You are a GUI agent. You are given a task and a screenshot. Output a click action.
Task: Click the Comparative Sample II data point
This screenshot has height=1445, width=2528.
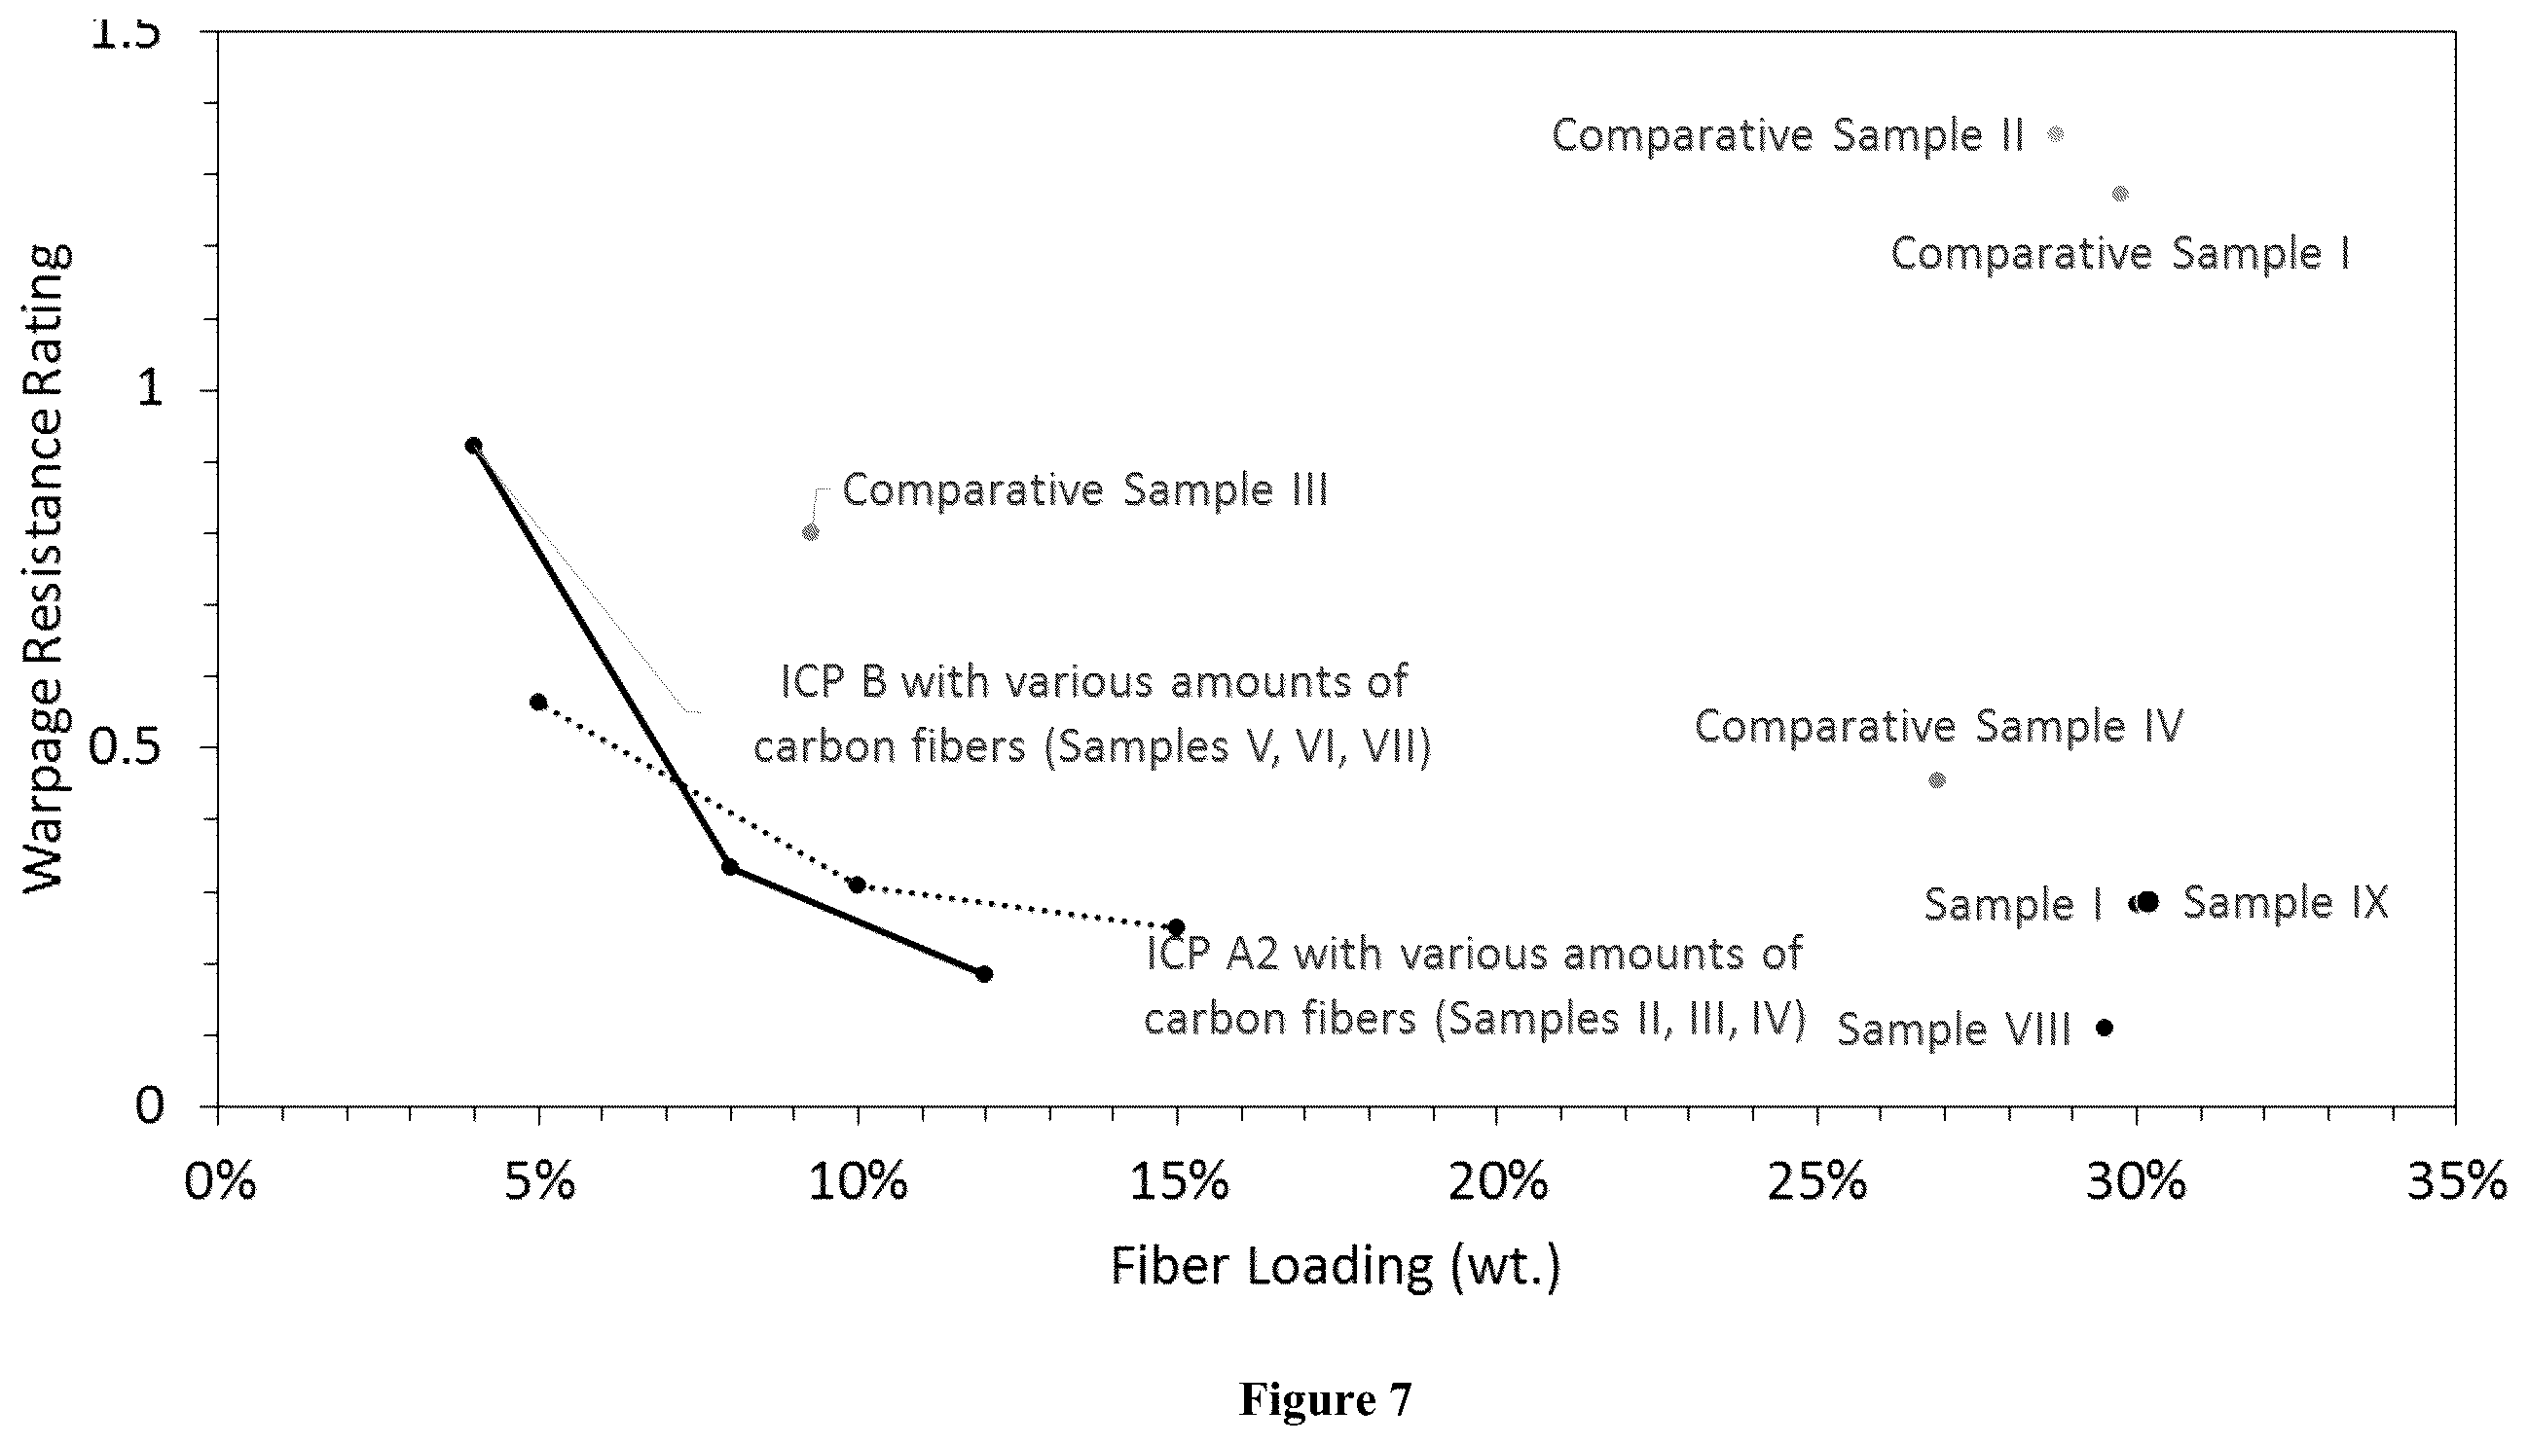[x=2056, y=134]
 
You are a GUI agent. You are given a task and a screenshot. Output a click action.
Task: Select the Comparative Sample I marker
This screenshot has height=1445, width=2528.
[x=2120, y=194]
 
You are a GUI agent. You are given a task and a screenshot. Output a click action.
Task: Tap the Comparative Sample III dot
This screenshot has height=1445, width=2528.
[x=811, y=532]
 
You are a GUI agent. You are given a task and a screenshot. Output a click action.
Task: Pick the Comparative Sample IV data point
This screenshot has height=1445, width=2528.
[x=1937, y=780]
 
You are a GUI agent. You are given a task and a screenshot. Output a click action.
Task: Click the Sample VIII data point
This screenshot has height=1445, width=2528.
[x=2105, y=1028]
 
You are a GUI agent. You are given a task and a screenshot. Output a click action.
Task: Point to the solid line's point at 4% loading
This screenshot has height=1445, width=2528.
[x=473, y=446]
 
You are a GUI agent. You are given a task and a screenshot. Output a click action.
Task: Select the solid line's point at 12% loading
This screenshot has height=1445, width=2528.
[x=984, y=974]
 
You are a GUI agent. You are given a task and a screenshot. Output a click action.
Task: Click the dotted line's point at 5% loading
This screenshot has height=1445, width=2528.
[x=538, y=703]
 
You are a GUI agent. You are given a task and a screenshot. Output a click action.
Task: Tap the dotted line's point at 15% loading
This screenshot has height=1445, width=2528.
[x=1177, y=927]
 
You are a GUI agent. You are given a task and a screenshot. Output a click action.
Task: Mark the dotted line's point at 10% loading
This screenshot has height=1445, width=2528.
[x=858, y=885]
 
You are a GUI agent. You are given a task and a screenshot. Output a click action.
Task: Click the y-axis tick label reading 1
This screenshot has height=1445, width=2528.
[x=151, y=390]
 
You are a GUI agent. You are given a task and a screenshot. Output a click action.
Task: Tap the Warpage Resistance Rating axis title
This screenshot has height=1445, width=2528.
[x=46, y=569]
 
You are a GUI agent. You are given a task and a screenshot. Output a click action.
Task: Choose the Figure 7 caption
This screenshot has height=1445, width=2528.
[x=1325, y=1399]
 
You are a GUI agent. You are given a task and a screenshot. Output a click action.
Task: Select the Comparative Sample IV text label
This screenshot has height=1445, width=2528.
[x=1939, y=726]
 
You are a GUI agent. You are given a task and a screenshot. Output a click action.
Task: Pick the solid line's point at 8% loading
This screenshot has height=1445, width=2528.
[x=729, y=867]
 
